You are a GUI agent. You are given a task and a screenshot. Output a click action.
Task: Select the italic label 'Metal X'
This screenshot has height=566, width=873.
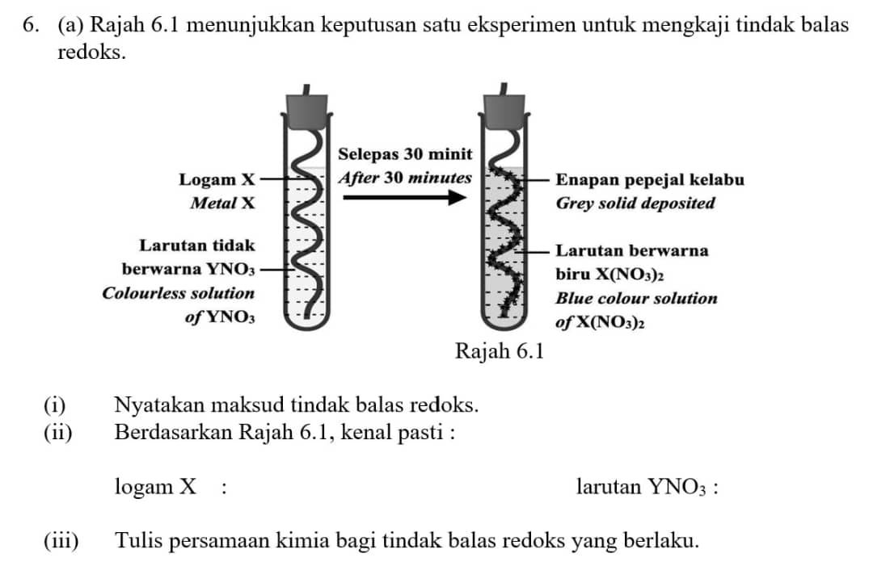[x=222, y=203]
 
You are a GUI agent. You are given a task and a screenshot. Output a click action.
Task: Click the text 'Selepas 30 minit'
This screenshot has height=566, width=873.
[x=405, y=153]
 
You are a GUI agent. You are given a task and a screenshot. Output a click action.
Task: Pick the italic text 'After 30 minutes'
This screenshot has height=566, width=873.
[x=404, y=177]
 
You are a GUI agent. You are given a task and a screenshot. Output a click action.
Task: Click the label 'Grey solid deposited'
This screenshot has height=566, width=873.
[x=635, y=203]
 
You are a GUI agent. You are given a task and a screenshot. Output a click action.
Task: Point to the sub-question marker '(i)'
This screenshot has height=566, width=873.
[x=56, y=404]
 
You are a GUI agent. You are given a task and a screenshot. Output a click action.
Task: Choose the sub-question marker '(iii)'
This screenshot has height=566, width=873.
[x=61, y=540]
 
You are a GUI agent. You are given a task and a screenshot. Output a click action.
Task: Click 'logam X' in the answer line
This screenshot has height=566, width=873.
[x=155, y=487]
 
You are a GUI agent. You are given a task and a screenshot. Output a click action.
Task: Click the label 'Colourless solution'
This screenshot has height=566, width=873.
[x=178, y=294]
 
